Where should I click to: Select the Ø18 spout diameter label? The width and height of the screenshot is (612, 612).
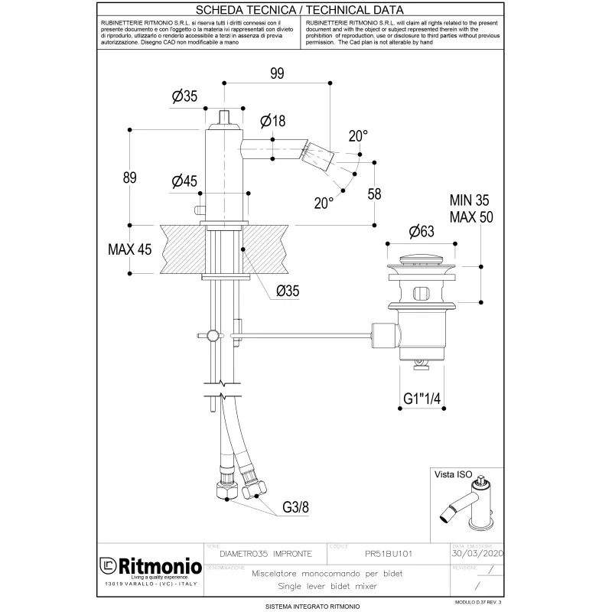(x=272, y=121)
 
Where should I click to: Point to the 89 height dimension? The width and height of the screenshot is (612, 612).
(x=130, y=177)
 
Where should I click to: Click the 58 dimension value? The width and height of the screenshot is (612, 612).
(x=374, y=194)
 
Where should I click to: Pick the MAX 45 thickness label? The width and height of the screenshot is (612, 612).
(x=129, y=249)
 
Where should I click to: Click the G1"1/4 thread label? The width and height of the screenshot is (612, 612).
(x=425, y=398)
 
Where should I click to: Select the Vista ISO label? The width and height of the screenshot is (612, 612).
(x=454, y=474)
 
